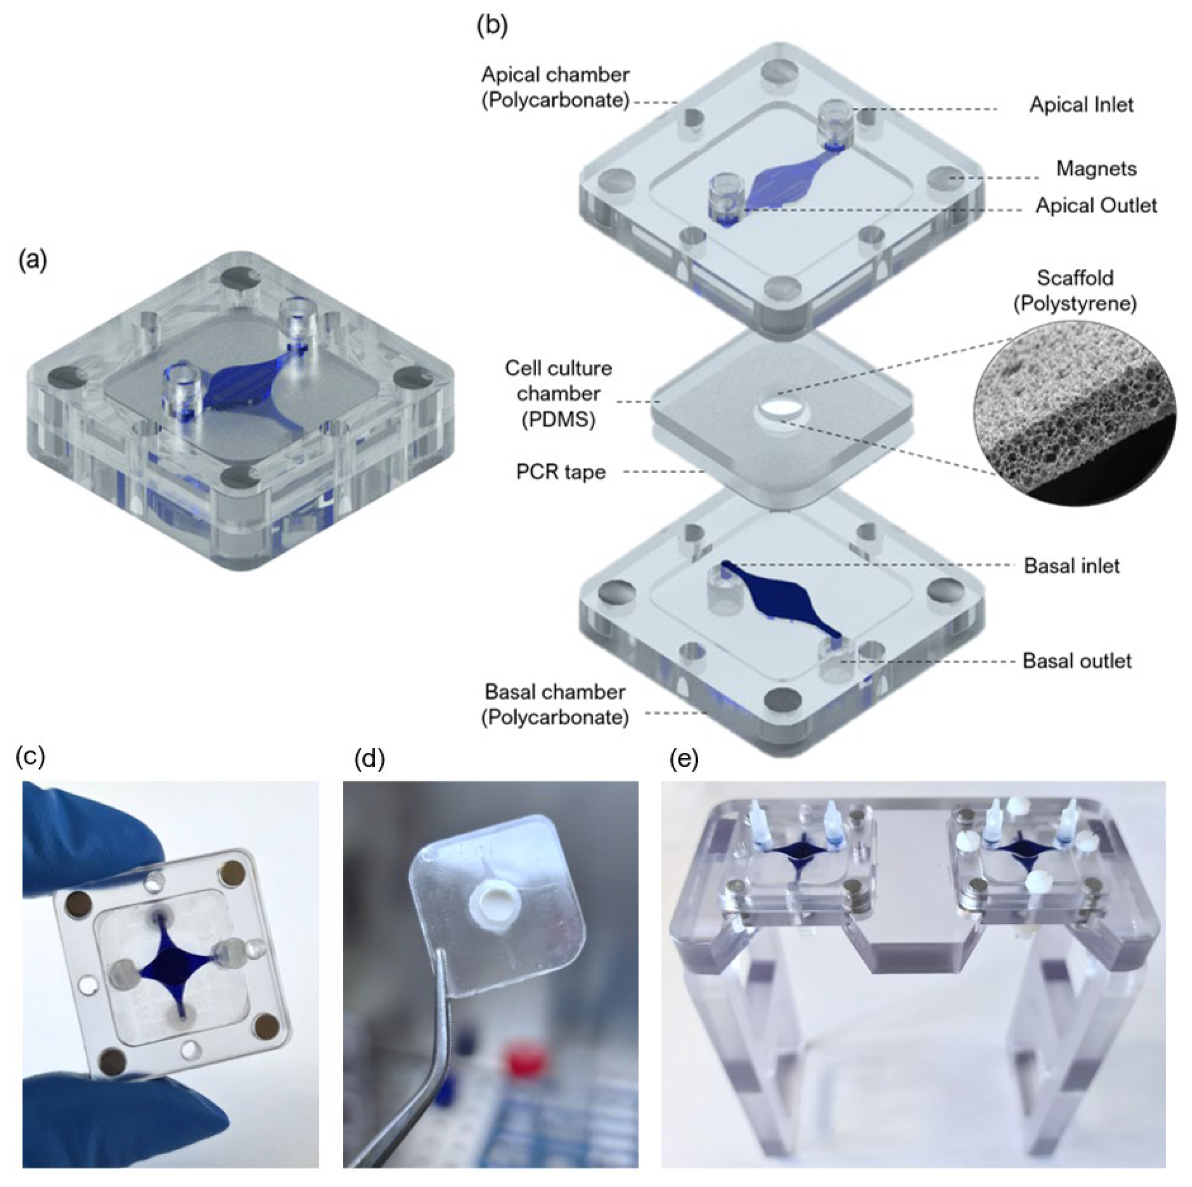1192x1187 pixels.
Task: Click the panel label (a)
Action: pyautogui.click(x=33, y=261)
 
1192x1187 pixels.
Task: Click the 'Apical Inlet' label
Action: pyautogui.click(x=1082, y=105)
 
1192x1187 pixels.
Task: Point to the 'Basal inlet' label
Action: pyautogui.click(x=1072, y=566)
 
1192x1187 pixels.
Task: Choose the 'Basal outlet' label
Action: pyautogui.click(x=1077, y=661)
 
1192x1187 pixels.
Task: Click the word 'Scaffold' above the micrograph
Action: pyautogui.click(x=1075, y=278)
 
